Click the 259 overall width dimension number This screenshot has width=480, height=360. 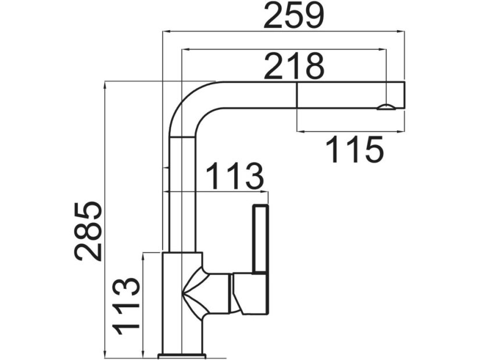(x=293, y=16)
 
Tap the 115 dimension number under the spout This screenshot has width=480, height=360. (x=354, y=149)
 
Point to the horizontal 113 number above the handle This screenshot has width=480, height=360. (x=235, y=177)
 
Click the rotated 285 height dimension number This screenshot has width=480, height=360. (x=89, y=231)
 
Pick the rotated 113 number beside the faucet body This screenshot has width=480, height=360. (x=126, y=305)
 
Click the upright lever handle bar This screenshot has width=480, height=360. (x=260, y=238)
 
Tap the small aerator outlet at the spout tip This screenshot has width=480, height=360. (x=385, y=106)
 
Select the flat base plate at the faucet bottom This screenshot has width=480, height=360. (x=182, y=354)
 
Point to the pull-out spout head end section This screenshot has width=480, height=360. (x=349, y=95)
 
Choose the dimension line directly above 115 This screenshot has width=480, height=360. (x=349, y=131)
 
